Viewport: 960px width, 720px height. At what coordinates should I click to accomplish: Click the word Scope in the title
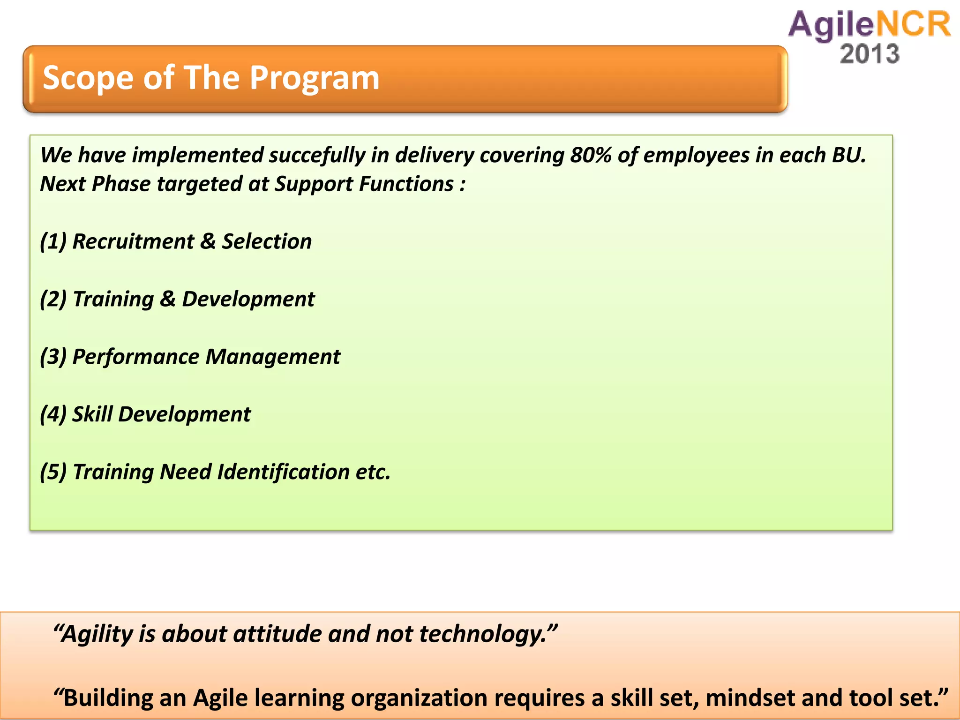coord(88,78)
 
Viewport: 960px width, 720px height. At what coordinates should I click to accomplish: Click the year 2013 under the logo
coord(870,54)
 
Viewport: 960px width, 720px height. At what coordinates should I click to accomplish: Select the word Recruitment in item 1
coord(133,242)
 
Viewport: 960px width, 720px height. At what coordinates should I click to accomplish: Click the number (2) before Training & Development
coord(53,299)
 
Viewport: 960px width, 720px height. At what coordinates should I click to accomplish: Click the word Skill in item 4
coord(92,414)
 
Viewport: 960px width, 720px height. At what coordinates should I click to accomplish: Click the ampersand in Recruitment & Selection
coord(208,242)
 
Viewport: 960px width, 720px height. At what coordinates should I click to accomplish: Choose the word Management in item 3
coord(273,357)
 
